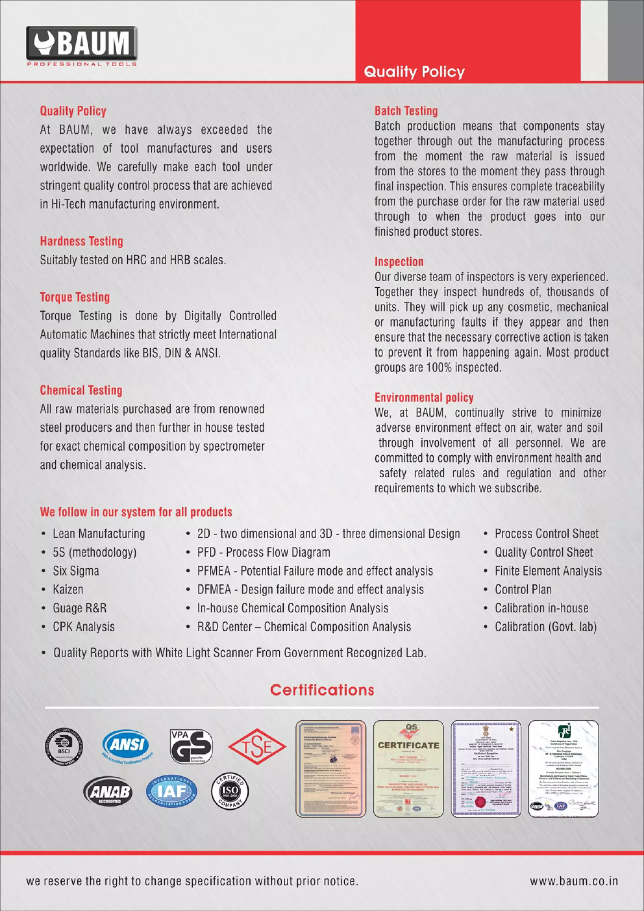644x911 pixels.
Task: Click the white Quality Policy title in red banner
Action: (x=414, y=72)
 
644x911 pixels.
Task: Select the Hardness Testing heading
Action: (x=81, y=241)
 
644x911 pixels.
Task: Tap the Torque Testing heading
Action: (x=75, y=297)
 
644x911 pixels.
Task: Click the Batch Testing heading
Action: (x=406, y=111)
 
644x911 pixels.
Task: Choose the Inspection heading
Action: (x=399, y=262)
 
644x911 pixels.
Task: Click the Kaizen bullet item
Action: (x=68, y=590)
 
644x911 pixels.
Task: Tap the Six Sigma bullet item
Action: (x=76, y=571)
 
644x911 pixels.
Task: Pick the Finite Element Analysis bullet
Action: (x=548, y=571)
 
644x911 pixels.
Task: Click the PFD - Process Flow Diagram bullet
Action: (x=263, y=552)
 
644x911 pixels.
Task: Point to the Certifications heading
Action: (x=322, y=690)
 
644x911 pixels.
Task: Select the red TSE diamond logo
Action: (x=257, y=747)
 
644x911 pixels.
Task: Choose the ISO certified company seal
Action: (x=230, y=791)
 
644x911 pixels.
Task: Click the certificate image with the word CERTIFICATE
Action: (x=408, y=768)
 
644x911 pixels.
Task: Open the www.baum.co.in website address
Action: (x=574, y=881)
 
